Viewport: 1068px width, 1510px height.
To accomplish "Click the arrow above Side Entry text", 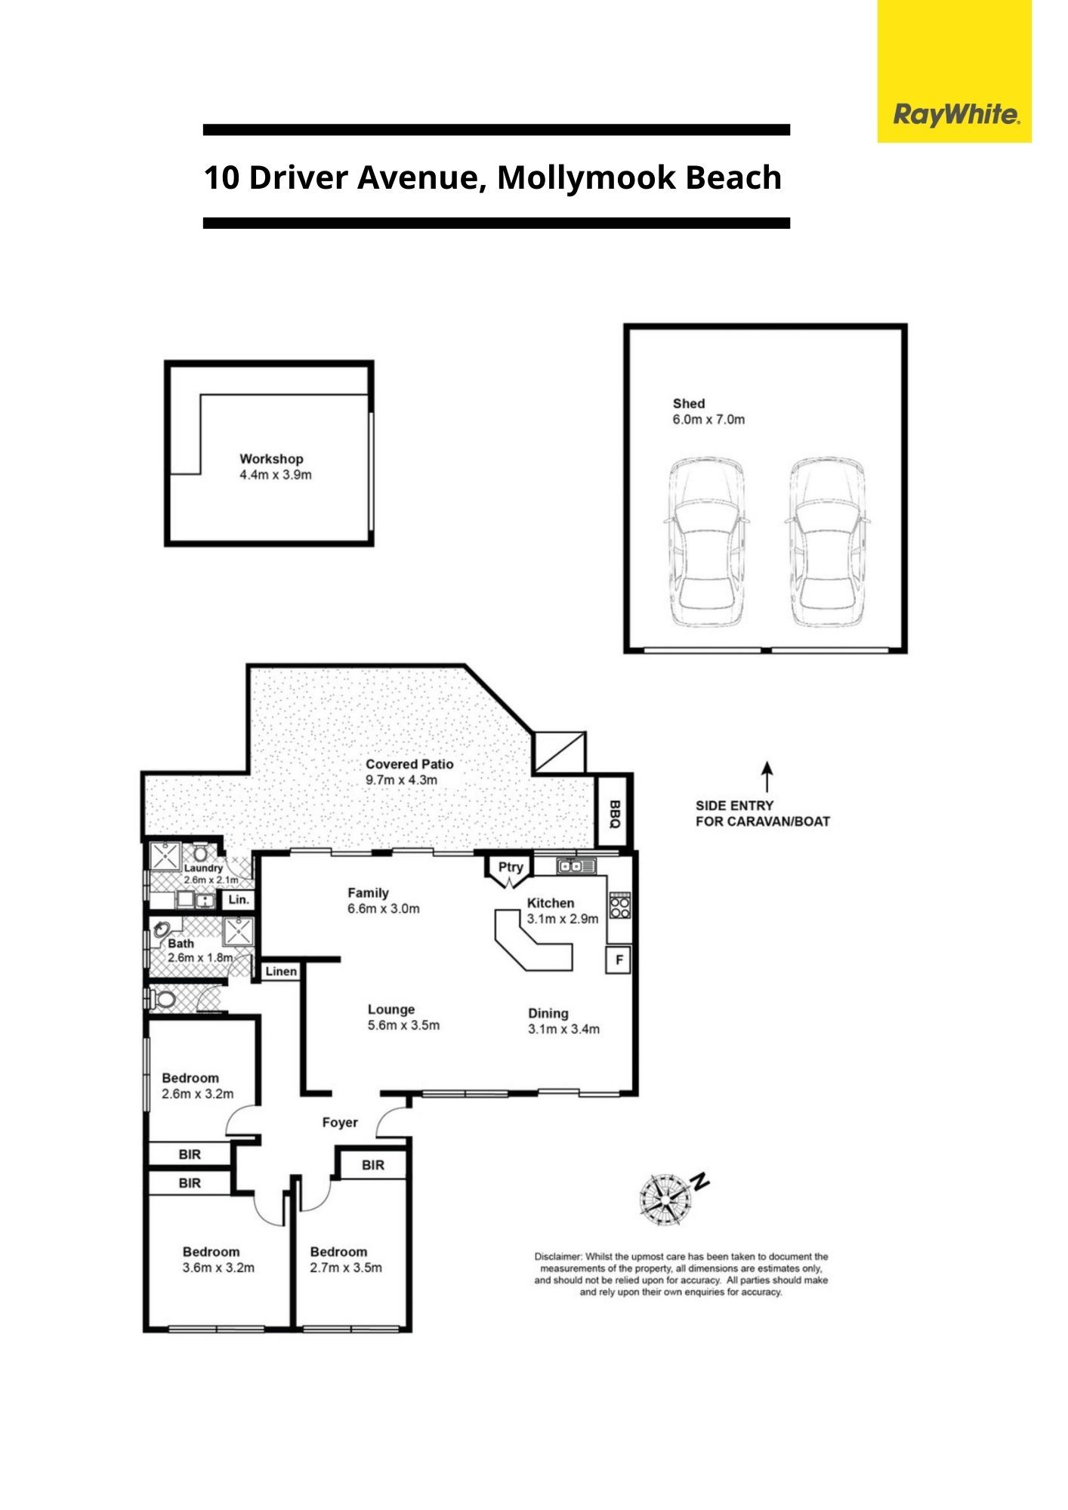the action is (767, 777).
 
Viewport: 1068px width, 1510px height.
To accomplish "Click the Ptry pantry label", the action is (511, 867).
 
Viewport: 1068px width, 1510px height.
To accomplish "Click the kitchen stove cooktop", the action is (619, 904).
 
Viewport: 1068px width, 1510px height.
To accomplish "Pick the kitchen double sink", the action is (576, 866).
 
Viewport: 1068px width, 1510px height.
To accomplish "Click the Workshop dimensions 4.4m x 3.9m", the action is (276, 475).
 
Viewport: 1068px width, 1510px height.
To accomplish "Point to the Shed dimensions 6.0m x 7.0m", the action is (708, 419).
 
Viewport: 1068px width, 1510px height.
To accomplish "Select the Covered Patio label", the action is (409, 764).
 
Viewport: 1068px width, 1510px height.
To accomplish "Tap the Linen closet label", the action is (281, 971).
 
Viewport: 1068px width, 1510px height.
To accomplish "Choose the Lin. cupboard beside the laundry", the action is (239, 900).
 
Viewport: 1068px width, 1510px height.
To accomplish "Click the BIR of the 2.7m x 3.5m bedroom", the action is (373, 1165).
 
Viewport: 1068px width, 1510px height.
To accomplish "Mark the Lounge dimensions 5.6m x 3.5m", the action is (403, 1025).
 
